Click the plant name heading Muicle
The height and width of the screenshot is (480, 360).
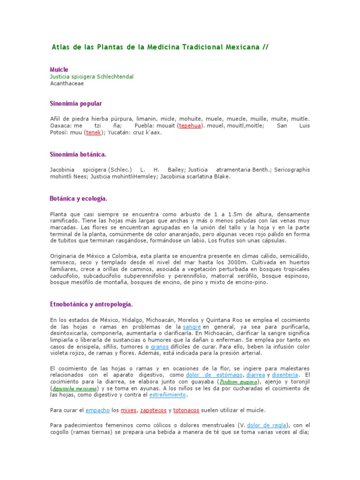59,69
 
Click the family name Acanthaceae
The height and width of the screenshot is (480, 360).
67,83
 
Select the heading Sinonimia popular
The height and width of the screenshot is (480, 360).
75,103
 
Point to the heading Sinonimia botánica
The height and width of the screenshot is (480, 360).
78,154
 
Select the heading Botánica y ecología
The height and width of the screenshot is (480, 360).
79,198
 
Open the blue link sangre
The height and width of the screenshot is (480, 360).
192,326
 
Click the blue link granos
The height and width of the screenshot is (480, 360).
159,346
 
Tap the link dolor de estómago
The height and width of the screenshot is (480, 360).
214,375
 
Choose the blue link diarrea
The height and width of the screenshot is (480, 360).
255,375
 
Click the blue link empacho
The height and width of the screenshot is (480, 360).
97,410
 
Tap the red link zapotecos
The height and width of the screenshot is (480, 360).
153,410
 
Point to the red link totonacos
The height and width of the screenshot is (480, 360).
186,410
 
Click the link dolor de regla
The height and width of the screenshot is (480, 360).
267,425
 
